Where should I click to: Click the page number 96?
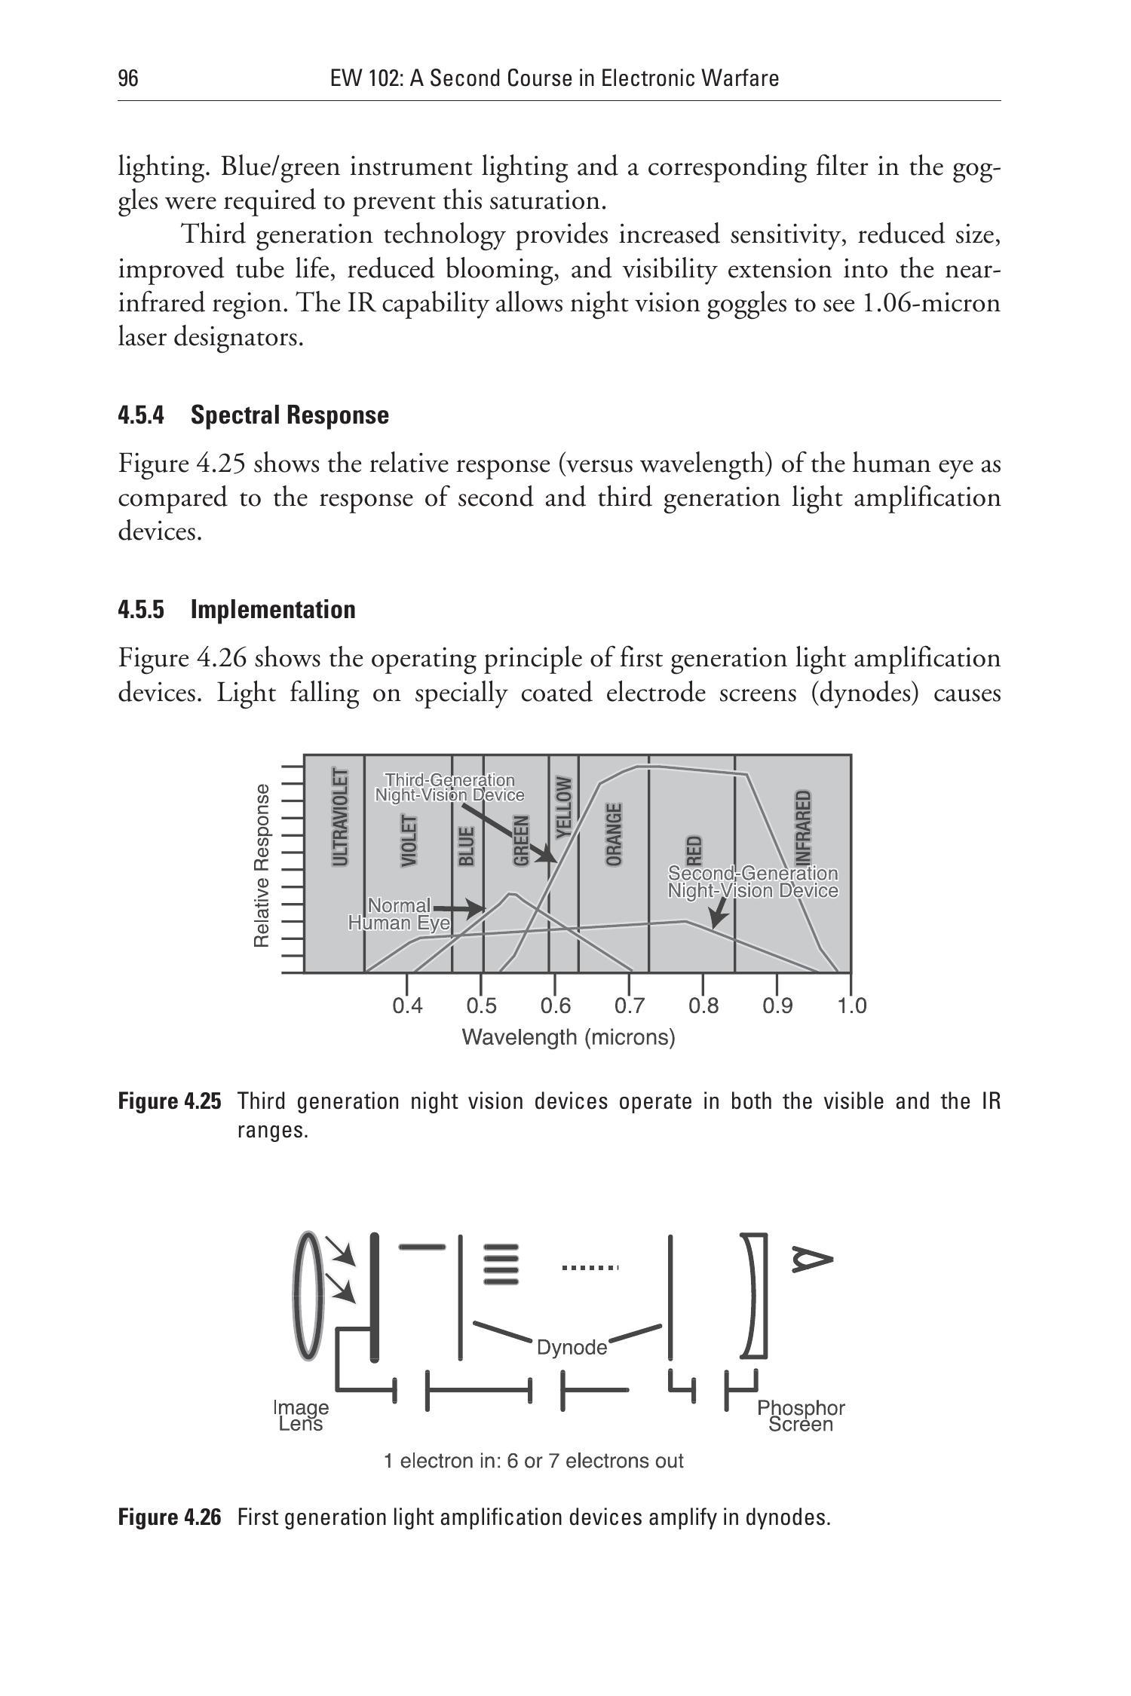(x=128, y=78)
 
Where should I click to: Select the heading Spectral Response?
(x=290, y=415)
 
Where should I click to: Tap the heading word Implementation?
(x=273, y=609)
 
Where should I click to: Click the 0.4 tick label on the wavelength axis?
(x=407, y=1006)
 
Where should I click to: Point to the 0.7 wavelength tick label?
(x=630, y=1006)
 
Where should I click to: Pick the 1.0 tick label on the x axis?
(x=852, y=1006)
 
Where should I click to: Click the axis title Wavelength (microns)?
(x=568, y=1038)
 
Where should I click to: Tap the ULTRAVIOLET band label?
(x=341, y=817)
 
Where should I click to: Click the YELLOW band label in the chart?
(x=562, y=807)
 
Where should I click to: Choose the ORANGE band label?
(x=615, y=834)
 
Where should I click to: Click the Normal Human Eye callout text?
(x=398, y=914)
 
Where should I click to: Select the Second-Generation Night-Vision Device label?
(x=752, y=882)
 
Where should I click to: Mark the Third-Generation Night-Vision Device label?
(x=449, y=787)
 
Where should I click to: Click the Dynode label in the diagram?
(x=572, y=1347)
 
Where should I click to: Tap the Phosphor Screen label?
(x=801, y=1416)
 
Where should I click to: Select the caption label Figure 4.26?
(x=170, y=1517)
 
